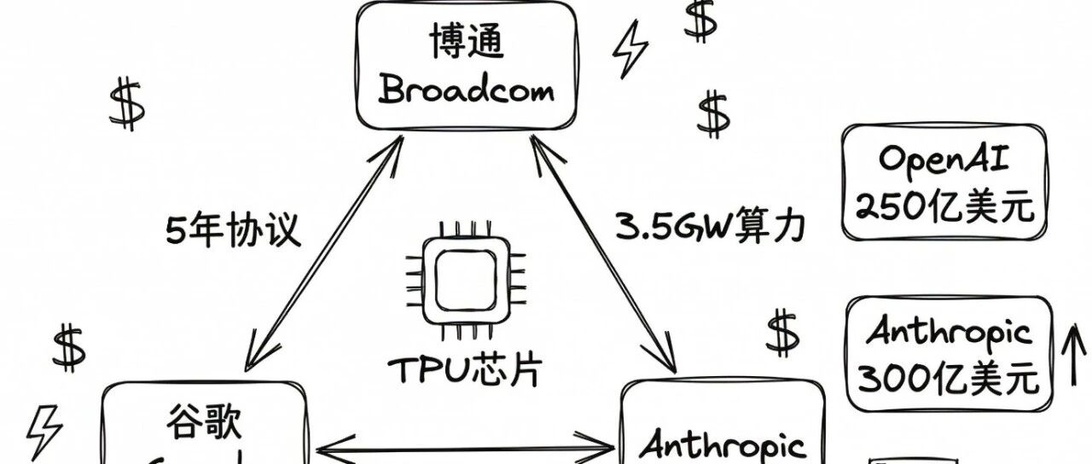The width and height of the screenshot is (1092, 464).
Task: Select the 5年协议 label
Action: [x=233, y=230]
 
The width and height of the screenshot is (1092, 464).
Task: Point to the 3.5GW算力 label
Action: [x=710, y=227]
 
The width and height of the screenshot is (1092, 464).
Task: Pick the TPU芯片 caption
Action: [x=465, y=370]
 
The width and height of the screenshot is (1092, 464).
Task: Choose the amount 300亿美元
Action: [x=948, y=377]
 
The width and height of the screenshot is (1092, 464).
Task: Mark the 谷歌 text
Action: [x=204, y=422]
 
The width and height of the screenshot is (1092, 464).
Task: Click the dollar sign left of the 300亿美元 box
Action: [x=781, y=333]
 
